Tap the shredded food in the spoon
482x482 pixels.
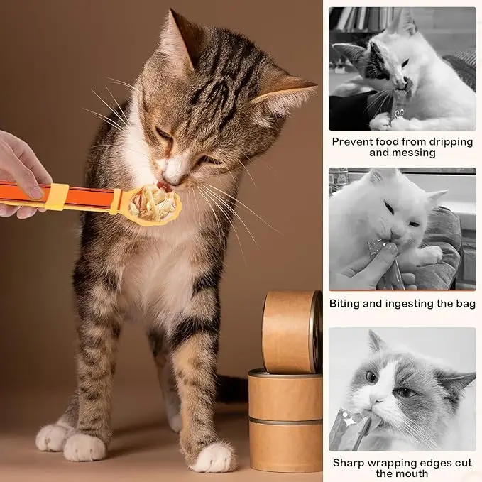[x=153, y=204]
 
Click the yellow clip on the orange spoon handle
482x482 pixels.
[x=57, y=197]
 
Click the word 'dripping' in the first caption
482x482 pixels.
[x=451, y=142]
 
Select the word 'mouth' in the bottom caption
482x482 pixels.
[x=411, y=473]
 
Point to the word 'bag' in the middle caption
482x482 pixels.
[x=466, y=304]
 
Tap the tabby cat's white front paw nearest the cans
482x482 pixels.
[x=214, y=458]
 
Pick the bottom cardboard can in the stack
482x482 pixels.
[x=285, y=446]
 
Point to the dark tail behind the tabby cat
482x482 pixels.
[x=231, y=389]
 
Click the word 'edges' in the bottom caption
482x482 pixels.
[x=439, y=463]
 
